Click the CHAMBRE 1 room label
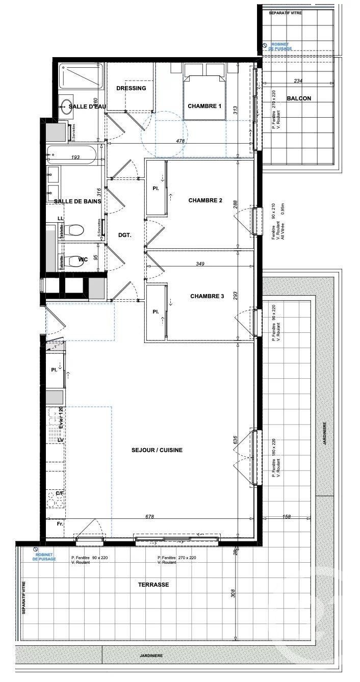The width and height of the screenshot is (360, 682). point(204,106)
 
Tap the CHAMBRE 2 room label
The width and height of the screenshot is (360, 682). point(205,200)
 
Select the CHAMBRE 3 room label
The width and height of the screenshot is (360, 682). point(207,296)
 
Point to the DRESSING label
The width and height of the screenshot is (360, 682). point(131,88)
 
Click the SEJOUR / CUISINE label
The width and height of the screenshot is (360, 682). point(157,450)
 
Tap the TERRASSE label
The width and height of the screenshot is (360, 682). point(153,585)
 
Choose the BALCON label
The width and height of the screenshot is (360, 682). point(298,98)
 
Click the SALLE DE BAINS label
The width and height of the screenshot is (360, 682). point(78,201)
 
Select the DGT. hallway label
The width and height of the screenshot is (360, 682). point(124,235)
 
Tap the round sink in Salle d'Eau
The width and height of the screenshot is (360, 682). point(66,107)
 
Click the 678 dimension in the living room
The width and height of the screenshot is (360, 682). point(149,516)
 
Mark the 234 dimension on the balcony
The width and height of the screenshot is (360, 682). point(299,81)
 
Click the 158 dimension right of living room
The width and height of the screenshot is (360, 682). point(286,517)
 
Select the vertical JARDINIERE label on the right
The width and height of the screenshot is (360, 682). point(324,434)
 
